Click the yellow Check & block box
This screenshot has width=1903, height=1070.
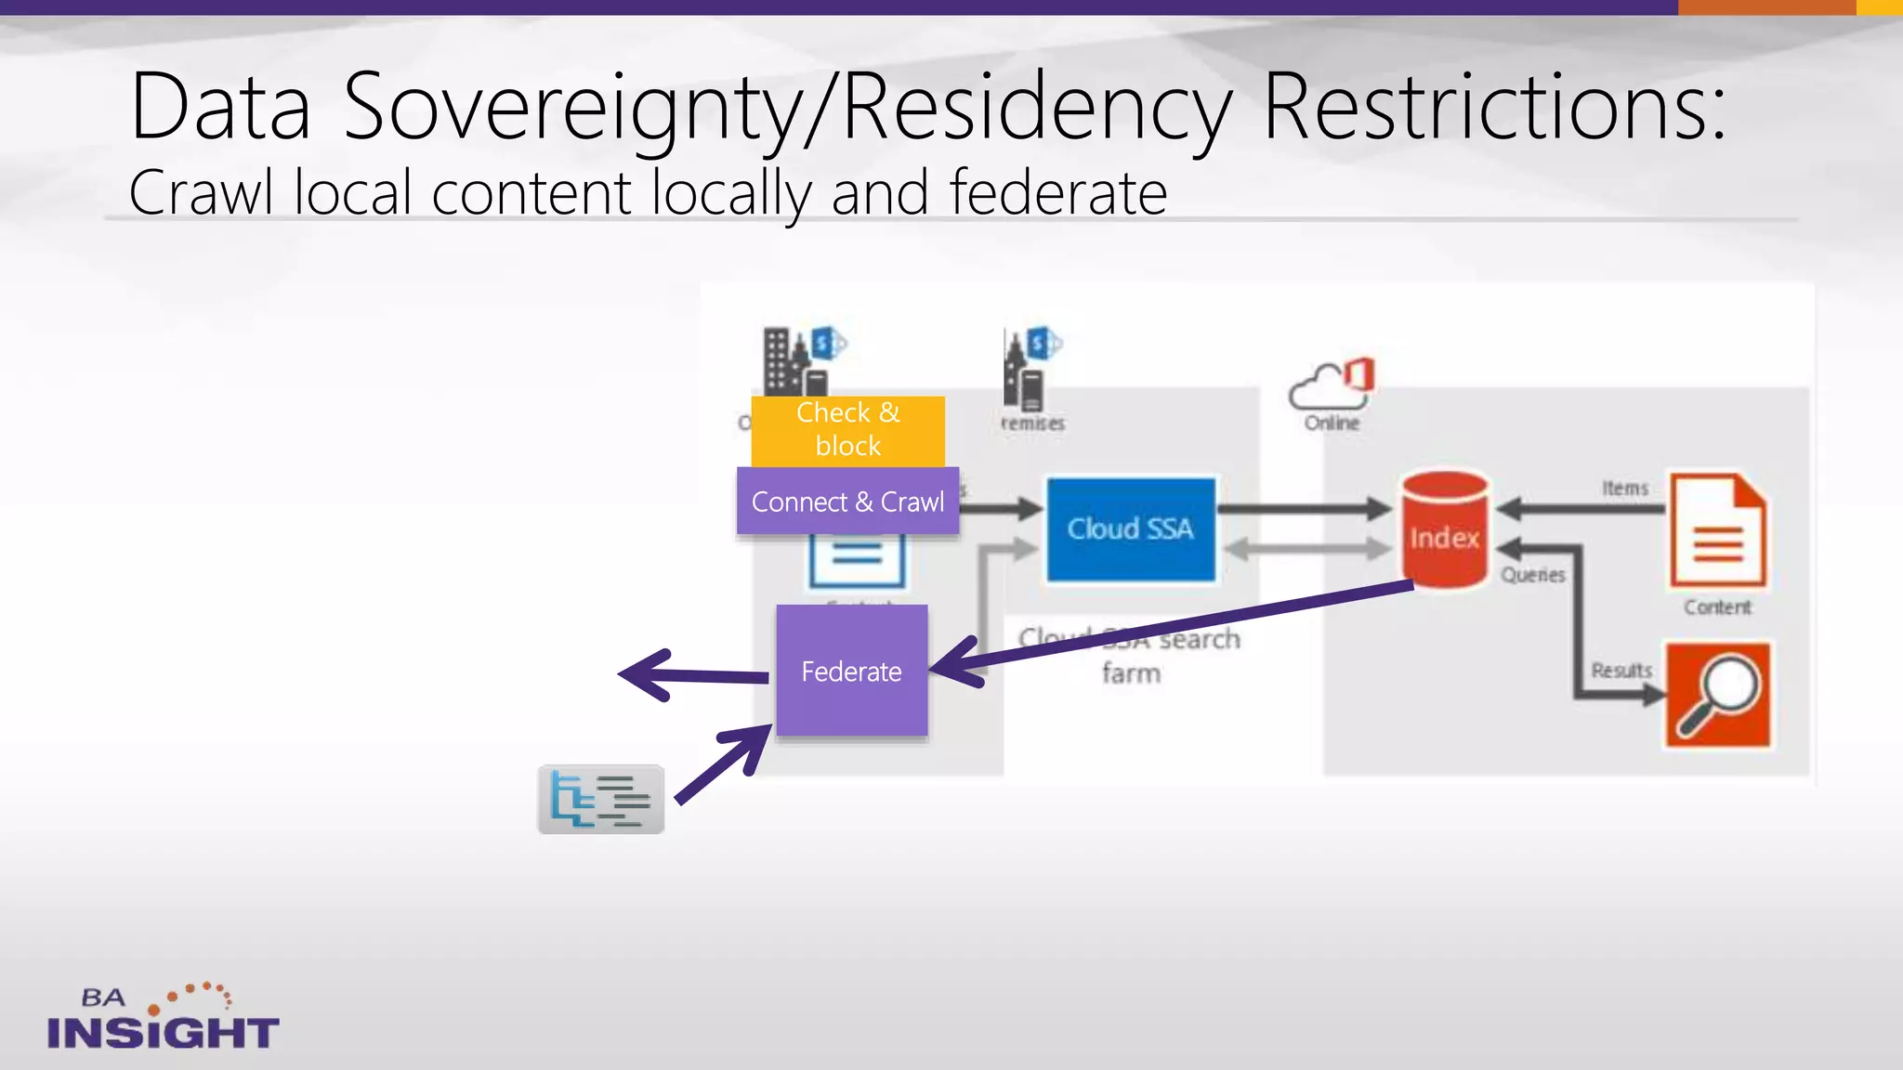pos(847,430)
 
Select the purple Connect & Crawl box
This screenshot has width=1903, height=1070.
pos(847,502)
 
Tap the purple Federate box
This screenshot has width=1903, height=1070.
pos(851,671)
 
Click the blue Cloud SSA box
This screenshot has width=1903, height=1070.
pos(1130,529)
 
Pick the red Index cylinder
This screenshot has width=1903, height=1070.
pos(1444,531)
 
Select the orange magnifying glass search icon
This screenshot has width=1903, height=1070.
pos(1717,695)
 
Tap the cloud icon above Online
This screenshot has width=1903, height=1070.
pos(1331,384)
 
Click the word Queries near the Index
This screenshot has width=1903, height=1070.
pos(1533,575)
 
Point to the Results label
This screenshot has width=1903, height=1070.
pos(1621,670)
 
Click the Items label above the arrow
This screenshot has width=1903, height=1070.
pos(1624,488)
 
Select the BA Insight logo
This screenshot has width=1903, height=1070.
pos(163,1018)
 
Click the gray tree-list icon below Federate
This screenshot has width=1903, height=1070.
pos(601,800)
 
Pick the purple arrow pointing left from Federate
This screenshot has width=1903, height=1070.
pos(692,675)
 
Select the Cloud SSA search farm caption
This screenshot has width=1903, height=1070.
pos(1130,656)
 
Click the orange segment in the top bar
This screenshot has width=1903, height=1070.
pos(1765,7)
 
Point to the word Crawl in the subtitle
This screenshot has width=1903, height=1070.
pos(201,192)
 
